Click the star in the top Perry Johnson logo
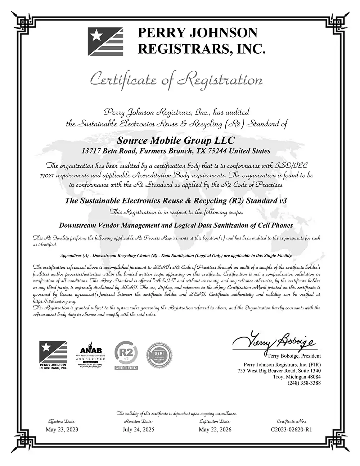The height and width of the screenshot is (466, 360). click(x=96, y=35)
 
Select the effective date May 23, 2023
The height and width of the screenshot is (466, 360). click(x=62, y=429)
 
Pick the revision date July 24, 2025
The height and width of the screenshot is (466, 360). click(x=138, y=429)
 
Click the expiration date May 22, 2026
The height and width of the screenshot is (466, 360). click(x=215, y=429)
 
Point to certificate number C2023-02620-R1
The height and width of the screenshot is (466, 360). click(x=292, y=429)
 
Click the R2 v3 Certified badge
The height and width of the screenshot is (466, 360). click(x=126, y=356)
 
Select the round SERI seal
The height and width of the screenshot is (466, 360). click(x=157, y=355)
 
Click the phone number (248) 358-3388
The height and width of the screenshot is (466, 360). click(x=304, y=383)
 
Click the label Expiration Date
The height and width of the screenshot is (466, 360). click(x=215, y=421)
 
